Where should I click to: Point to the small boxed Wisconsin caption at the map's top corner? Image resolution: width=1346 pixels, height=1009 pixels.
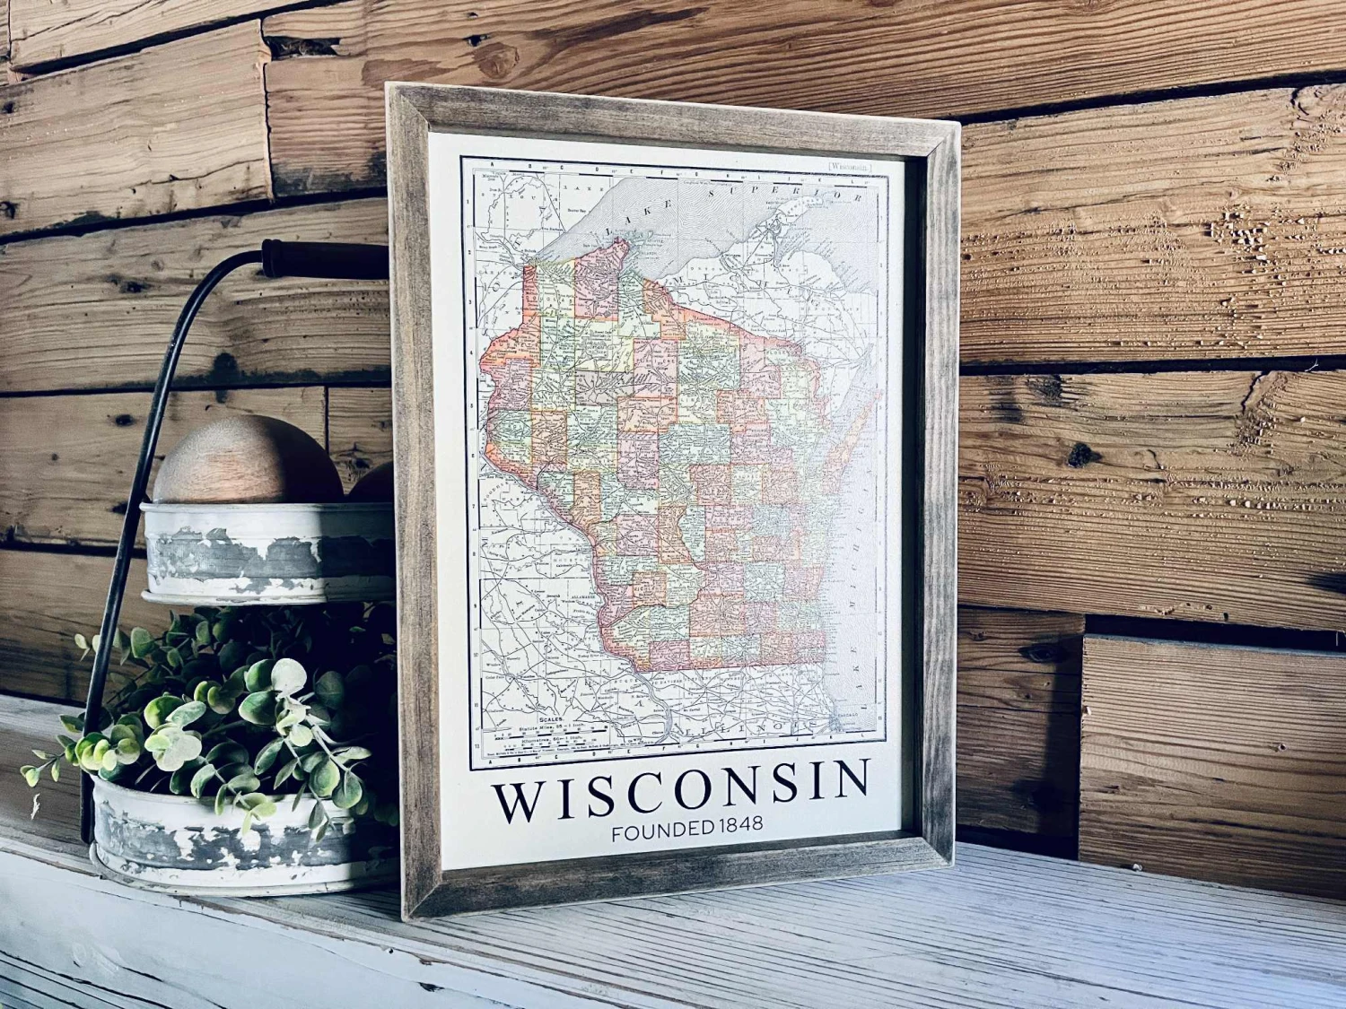[849, 165]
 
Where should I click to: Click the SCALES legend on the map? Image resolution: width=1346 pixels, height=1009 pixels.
[546, 719]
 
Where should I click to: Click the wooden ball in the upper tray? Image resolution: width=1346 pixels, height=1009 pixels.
[247, 459]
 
